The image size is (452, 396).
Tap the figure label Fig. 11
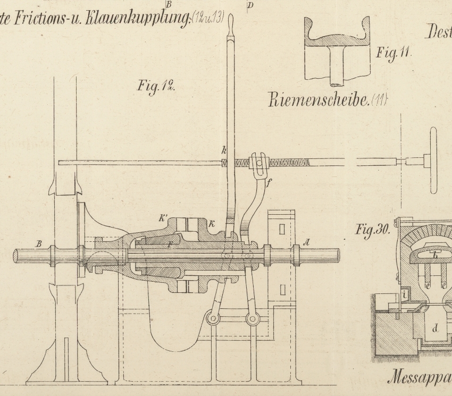[394, 53]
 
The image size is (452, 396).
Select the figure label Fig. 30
[373, 230]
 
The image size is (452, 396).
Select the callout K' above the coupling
[162, 217]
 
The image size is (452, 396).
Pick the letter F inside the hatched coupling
[169, 246]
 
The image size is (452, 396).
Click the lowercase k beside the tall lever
[224, 151]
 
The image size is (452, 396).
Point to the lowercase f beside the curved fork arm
[269, 186]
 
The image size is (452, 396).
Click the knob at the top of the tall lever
[231, 23]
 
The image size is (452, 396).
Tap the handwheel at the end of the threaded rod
[432, 161]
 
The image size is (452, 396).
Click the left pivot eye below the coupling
[213, 319]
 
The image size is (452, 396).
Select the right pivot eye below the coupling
[253, 319]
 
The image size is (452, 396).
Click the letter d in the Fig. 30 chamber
[435, 328]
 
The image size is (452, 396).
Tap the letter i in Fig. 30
[405, 293]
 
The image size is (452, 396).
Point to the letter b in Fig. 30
[435, 256]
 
